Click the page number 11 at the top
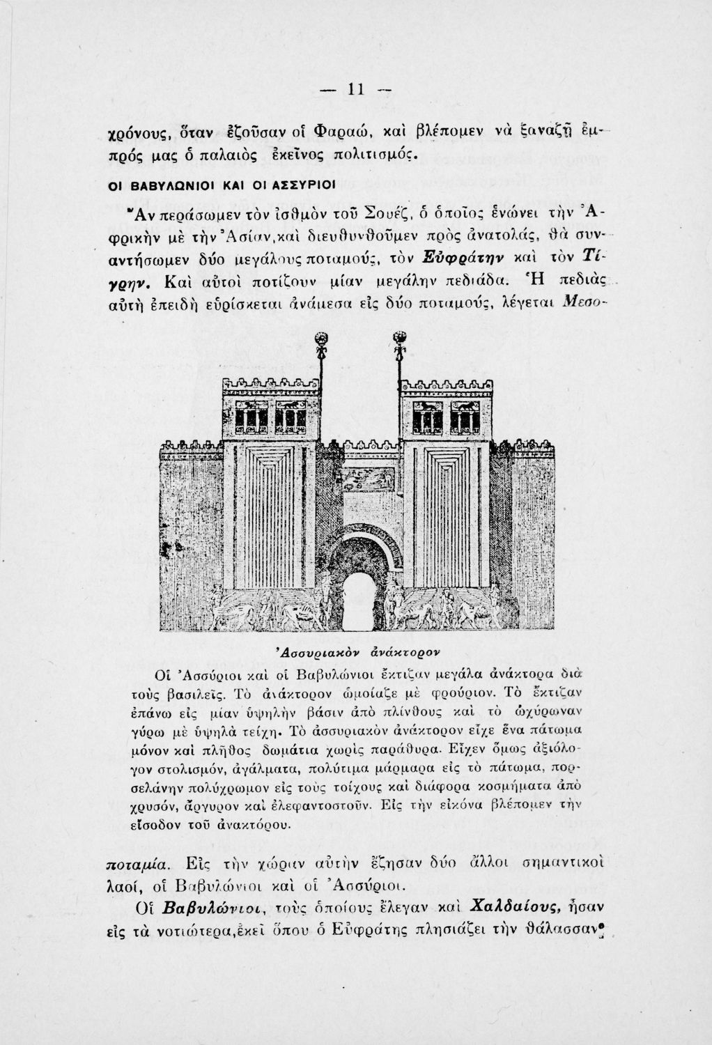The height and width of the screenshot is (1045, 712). (357, 89)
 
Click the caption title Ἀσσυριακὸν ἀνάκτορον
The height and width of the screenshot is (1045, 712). (354, 650)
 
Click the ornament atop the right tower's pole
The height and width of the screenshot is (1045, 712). (399, 339)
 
